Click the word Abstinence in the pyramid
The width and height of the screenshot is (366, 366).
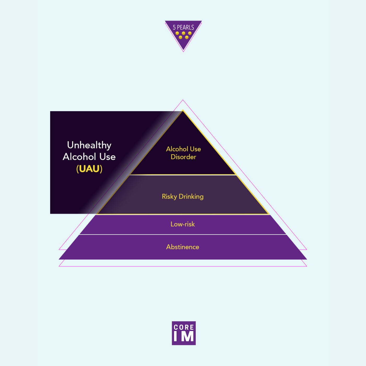[182, 247]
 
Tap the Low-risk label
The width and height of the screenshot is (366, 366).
[182, 224]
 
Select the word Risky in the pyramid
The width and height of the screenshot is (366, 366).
[169, 197]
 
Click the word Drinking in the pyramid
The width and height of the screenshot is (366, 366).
[191, 197]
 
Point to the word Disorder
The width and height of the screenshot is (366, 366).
[183, 157]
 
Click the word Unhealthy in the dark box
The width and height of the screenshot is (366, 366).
[89, 145]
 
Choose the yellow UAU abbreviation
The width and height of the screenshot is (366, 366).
[89, 169]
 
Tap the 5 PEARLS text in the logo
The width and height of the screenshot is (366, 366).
[183, 27]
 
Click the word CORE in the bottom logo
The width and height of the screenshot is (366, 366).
[184, 327]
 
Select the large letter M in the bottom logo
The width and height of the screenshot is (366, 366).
[187, 336]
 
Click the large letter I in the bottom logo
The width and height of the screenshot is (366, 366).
[175, 336]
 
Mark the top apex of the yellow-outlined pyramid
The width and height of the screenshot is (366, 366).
[183, 111]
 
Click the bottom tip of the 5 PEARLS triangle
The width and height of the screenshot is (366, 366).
[183, 51]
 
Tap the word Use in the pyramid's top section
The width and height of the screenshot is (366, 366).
[195, 149]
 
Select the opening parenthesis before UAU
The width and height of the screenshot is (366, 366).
[77, 169]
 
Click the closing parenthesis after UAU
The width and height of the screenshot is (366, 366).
[101, 169]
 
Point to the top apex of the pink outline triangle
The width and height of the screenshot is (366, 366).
[183, 100]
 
